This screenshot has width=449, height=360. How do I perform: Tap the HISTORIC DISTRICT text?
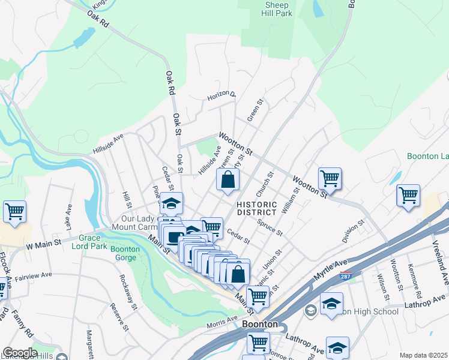click(x=256, y=208)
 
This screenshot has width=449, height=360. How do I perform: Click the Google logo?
click(x=19, y=352)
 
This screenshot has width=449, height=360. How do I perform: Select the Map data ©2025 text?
click(x=423, y=355)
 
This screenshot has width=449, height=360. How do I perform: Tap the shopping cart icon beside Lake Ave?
click(x=14, y=212)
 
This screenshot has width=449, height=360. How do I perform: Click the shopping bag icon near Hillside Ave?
click(x=228, y=179)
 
